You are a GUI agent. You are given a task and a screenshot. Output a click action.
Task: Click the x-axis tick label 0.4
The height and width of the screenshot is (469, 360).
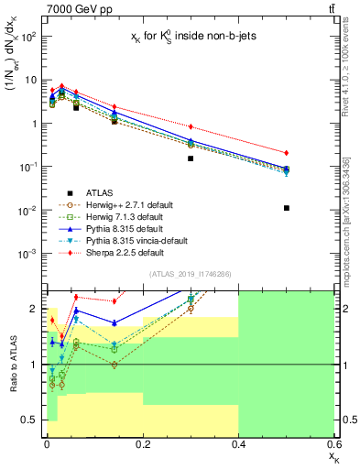click(x=239, y=444)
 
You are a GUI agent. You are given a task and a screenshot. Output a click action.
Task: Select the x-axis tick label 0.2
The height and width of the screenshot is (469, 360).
click(x=143, y=444)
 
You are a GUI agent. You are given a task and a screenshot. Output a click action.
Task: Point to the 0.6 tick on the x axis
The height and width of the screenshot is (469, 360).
click(x=333, y=444)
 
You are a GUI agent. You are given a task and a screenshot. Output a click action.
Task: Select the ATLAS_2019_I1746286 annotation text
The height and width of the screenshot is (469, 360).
click(x=191, y=274)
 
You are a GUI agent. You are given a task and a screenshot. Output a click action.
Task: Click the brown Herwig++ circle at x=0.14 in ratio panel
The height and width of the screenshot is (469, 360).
click(x=115, y=365)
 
